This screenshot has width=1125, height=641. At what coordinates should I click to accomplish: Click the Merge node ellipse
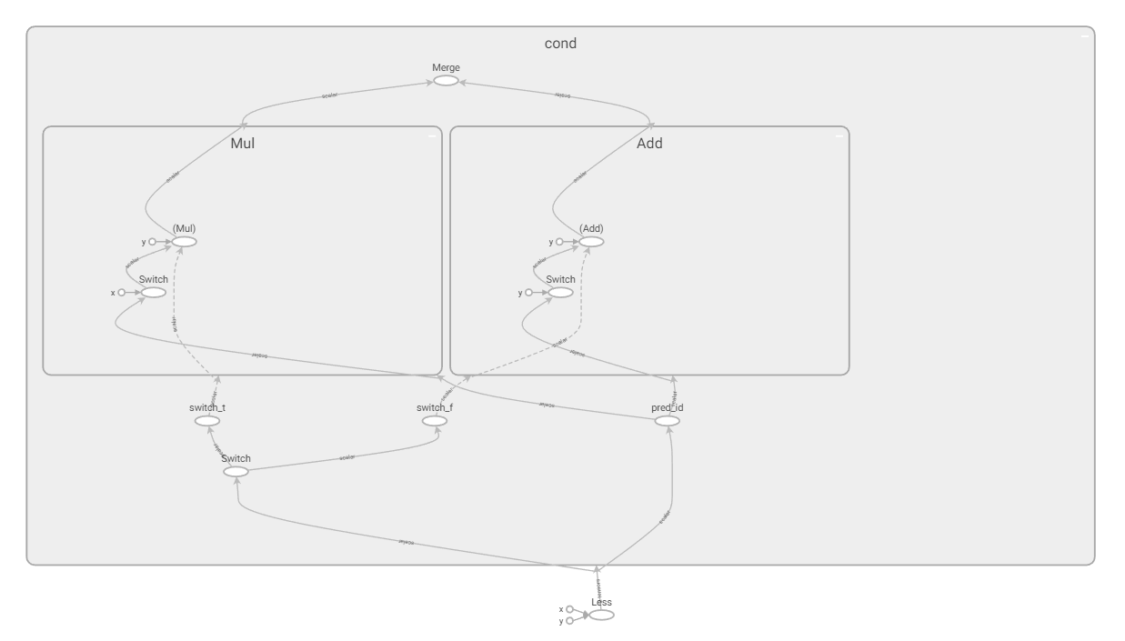(446, 81)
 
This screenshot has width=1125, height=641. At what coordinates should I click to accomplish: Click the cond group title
(560, 44)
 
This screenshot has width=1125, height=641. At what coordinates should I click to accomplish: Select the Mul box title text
(242, 144)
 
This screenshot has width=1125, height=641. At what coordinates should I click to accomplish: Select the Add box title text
(649, 144)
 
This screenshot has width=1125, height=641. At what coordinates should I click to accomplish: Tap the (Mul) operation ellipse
(185, 242)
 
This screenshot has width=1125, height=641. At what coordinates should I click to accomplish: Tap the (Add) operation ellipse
(592, 242)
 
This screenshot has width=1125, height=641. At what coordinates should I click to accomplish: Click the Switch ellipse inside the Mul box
(154, 293)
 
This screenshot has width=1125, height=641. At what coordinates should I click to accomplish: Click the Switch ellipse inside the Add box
(561, 293)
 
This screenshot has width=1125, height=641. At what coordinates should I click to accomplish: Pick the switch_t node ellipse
(207, 421)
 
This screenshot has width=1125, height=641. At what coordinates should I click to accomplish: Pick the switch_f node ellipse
(435, 421)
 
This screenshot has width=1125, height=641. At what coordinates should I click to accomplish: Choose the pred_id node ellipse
(668, 421)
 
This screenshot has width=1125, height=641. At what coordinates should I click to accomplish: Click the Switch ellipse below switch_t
(236, 472)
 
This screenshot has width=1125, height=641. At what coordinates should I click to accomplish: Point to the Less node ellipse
(601, 616)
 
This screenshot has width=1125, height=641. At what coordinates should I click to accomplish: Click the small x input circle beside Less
(569, 610)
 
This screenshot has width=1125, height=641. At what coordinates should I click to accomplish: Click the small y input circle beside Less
(569, 621)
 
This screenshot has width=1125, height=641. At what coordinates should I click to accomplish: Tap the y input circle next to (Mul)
(153, 242)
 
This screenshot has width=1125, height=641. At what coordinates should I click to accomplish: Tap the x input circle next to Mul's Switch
(122, 293)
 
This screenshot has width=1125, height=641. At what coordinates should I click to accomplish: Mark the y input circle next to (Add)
(560, 242)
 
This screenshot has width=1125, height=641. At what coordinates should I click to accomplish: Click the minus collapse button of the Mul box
(432, 136)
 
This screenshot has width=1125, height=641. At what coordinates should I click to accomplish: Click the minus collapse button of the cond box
(1084, 36)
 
